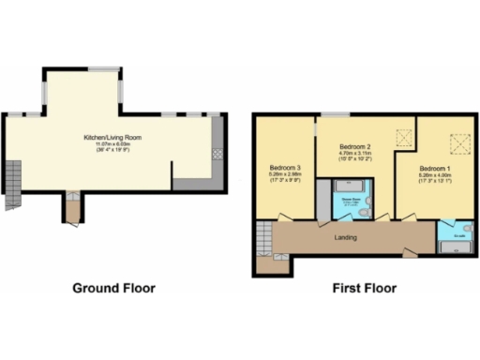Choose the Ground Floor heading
pyautogui.click(x=113, y=288)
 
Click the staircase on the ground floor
pyautogui.click(x=12, y=183)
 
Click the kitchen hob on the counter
pyautogui.click(x=217, y=154)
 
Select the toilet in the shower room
pyautogui.click(x=371, y=211)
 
